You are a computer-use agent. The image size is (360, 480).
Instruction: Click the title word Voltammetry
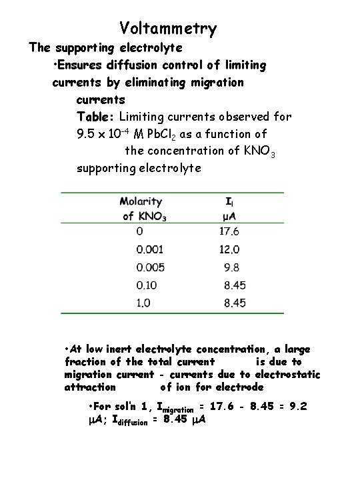point(168,29)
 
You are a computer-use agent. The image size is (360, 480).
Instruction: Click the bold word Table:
point(96,117)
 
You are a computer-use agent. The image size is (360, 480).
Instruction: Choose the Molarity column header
point(141,201)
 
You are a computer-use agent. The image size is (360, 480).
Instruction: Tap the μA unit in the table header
point(229,216)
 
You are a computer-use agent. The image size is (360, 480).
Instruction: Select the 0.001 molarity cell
point(149,250)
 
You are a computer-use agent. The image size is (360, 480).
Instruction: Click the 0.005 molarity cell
point(151,267)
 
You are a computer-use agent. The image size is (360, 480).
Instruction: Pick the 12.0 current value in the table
point(229,250)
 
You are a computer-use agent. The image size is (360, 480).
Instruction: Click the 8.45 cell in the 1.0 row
point(234,303)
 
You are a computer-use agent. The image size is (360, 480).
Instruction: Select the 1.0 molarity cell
point(144,303)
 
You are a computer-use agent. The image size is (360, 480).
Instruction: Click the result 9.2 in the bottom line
point(297,406)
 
